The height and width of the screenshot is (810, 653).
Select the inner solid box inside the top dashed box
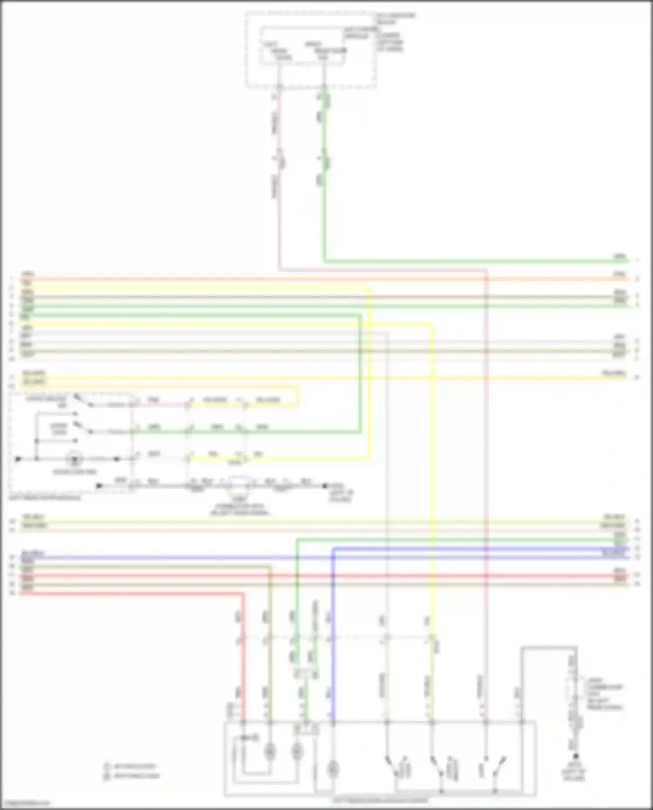(x=302, y=46)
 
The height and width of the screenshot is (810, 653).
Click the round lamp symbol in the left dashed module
(x=74, y=459)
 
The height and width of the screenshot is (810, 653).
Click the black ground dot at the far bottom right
(x=576, y=756)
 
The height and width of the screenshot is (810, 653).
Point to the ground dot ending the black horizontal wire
(x=325, y=486)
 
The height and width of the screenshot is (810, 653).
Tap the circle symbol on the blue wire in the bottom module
(x=333, y=769)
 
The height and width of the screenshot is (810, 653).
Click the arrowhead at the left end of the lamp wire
(x=18, y=459)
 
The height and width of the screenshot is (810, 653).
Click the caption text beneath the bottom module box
(x=380, y=800)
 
